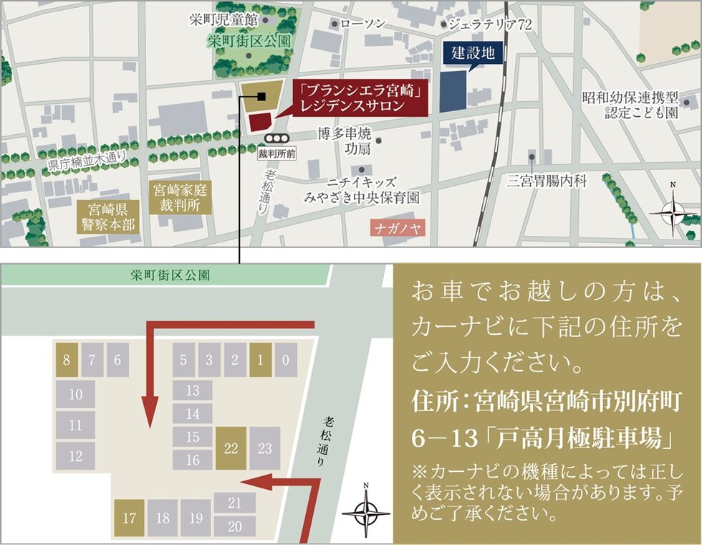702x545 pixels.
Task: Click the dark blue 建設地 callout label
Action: click(473, 53)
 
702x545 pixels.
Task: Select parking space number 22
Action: click(231, 448)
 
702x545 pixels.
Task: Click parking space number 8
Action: click(66, 360)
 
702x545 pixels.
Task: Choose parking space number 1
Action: click(260, 360)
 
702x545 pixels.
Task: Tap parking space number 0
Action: click(285, 360)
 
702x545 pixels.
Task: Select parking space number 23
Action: click(265, 448)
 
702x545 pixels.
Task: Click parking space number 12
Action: click(76, 455)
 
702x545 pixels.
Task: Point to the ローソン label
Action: click(362, 24)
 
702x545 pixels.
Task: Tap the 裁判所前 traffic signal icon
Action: click(276, 138)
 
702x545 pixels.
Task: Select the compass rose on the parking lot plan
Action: click(365, 513)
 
